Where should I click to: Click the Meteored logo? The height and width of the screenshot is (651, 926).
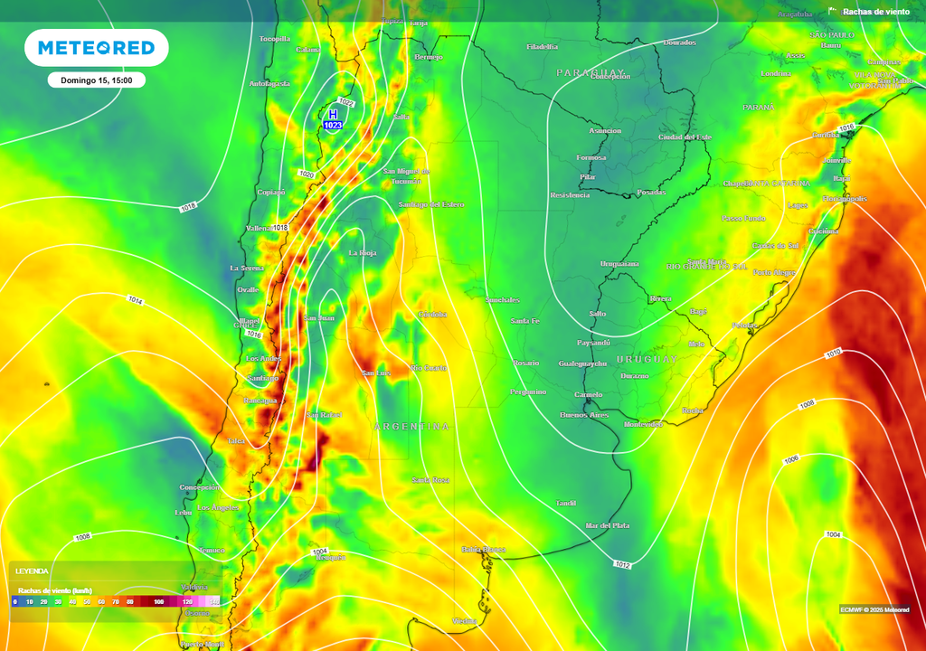[96, 48]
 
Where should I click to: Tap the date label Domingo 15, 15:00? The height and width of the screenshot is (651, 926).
[97, 80]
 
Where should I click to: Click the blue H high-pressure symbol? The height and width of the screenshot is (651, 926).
[333, 115]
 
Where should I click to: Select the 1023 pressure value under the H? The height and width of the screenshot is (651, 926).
[333, 126]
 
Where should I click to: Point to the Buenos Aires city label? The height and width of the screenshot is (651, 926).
[584, 414]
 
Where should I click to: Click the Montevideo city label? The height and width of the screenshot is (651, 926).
[643, 424]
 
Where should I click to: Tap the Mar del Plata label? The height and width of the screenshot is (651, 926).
[608, 525]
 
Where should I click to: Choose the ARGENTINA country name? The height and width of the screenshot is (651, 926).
[411, 426]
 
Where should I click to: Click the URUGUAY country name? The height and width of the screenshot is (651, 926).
[647, 359]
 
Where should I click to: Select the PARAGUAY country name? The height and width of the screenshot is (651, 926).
[591, 71]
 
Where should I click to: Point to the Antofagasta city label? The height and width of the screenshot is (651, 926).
[269, 83]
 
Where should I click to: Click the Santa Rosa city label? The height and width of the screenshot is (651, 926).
[430, 479]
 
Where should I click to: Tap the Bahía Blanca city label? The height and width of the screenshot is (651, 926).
[483, 549]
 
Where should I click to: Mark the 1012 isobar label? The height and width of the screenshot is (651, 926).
[622, 565]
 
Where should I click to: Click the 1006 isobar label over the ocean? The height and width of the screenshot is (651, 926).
[791, 459]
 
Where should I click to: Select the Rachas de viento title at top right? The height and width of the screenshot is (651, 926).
[874, 12]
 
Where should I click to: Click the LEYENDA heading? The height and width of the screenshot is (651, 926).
[32, 571]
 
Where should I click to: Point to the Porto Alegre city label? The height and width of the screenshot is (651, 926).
[773, 272]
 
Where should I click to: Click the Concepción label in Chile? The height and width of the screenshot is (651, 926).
[200, 487]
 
